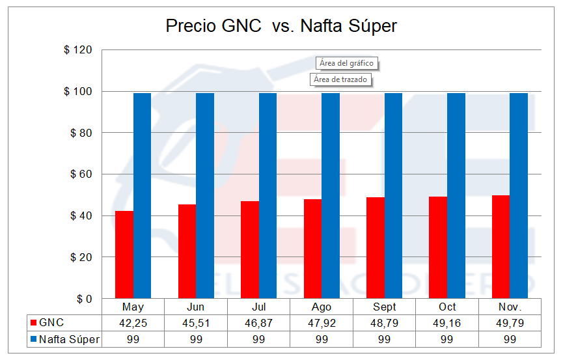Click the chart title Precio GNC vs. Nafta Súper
coord(281,26)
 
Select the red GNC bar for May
coord(124,255)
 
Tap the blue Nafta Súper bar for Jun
coord(205,195)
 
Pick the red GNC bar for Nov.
coord(501,247)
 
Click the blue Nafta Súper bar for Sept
coord(393,195)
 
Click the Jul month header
coord(258,307)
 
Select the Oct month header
coord(447,307)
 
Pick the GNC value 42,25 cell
coord(133,323)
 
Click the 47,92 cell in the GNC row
coord(322,323)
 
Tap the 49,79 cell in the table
coord(510,323)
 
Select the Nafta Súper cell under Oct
coord(447,339)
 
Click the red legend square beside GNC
coord(33,323)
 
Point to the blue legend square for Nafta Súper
coord(33,339)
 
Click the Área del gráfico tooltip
coord(348,63)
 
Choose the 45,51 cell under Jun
coord(196,323)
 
